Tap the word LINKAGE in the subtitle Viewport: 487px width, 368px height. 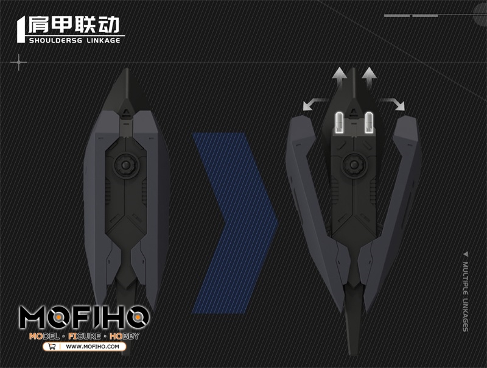coord(103,40)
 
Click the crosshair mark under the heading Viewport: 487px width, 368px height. coord(19,62)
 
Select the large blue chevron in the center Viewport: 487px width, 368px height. coord(235,222)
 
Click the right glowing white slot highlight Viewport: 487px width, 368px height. coord(369,123)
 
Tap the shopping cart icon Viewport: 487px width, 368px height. coord(52,347)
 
